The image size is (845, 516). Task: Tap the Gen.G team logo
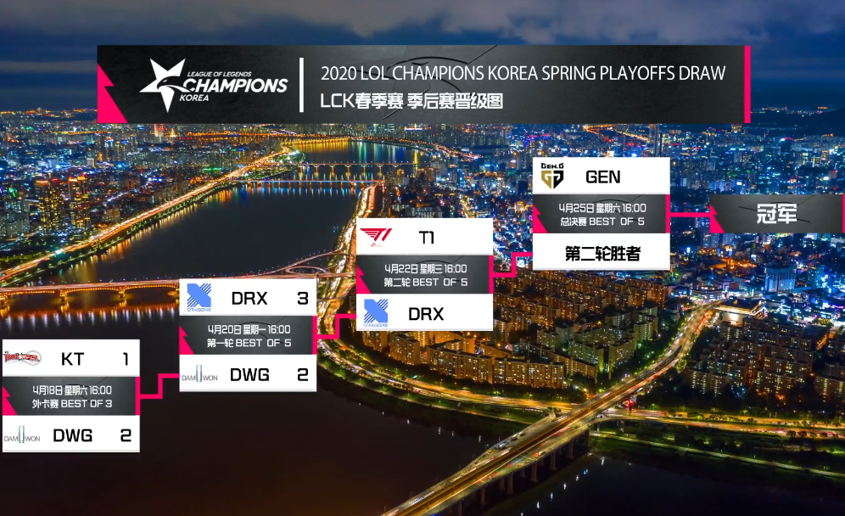coord(551,176)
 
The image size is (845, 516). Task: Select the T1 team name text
coord(426,238)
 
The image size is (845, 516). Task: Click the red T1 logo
coord(376,237)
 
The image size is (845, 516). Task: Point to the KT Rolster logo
coord(22,357)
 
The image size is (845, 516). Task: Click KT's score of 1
coord(126,358)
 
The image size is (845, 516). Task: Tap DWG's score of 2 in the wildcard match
coord(126,435)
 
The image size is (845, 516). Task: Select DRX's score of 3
coord(303,298)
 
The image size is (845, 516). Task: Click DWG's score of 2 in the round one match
coord(303,375)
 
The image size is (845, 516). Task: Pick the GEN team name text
coord(603,177)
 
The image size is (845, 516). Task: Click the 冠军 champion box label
coord(776,214)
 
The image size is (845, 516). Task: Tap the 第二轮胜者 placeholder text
coord(602,253)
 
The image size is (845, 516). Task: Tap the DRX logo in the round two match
coord(376,313)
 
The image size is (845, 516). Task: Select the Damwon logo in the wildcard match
coord(22,435)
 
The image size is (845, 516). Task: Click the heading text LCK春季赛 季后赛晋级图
coord(411,101)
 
